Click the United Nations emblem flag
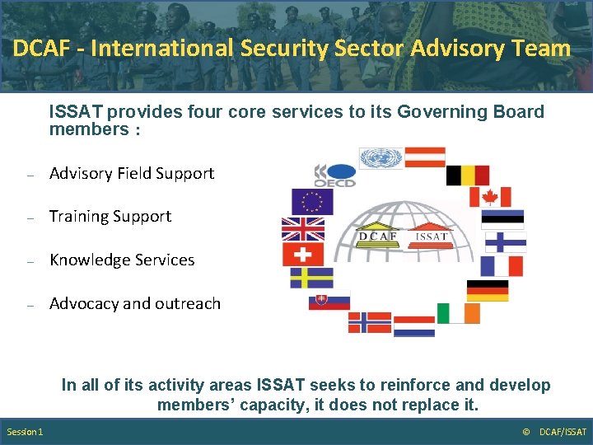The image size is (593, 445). [381, 157]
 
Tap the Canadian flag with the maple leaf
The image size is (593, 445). [490, 197]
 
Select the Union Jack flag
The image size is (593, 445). [302, 228]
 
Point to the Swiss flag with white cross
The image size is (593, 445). [302, 254]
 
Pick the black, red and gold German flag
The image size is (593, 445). [488, 291]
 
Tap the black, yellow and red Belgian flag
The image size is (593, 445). [467, 176]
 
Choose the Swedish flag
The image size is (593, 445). [311, 278]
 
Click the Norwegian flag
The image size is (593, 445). [369, 322]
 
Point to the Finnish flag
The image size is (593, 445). [505, 241]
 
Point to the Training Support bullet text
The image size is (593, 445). [110, 216]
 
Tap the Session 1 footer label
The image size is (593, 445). [26, 432]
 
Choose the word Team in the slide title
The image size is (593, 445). [543, 48]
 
